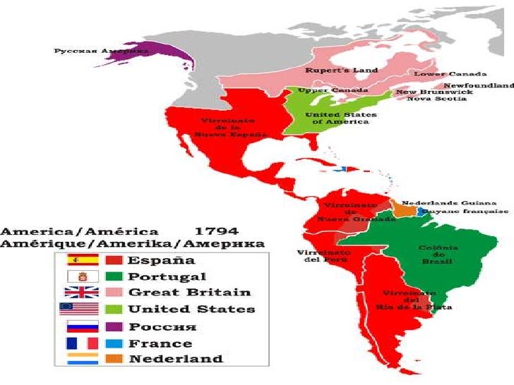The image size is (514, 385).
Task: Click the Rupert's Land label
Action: (x=342, y=70)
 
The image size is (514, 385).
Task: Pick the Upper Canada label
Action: (x=323, y=90)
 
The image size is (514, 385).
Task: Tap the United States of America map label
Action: (x=340, y=118)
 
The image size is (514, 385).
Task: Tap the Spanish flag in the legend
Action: (x=78, y=259)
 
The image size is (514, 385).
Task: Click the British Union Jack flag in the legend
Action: (x=78, y=292)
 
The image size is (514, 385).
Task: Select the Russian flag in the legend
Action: (x=78, y=326)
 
